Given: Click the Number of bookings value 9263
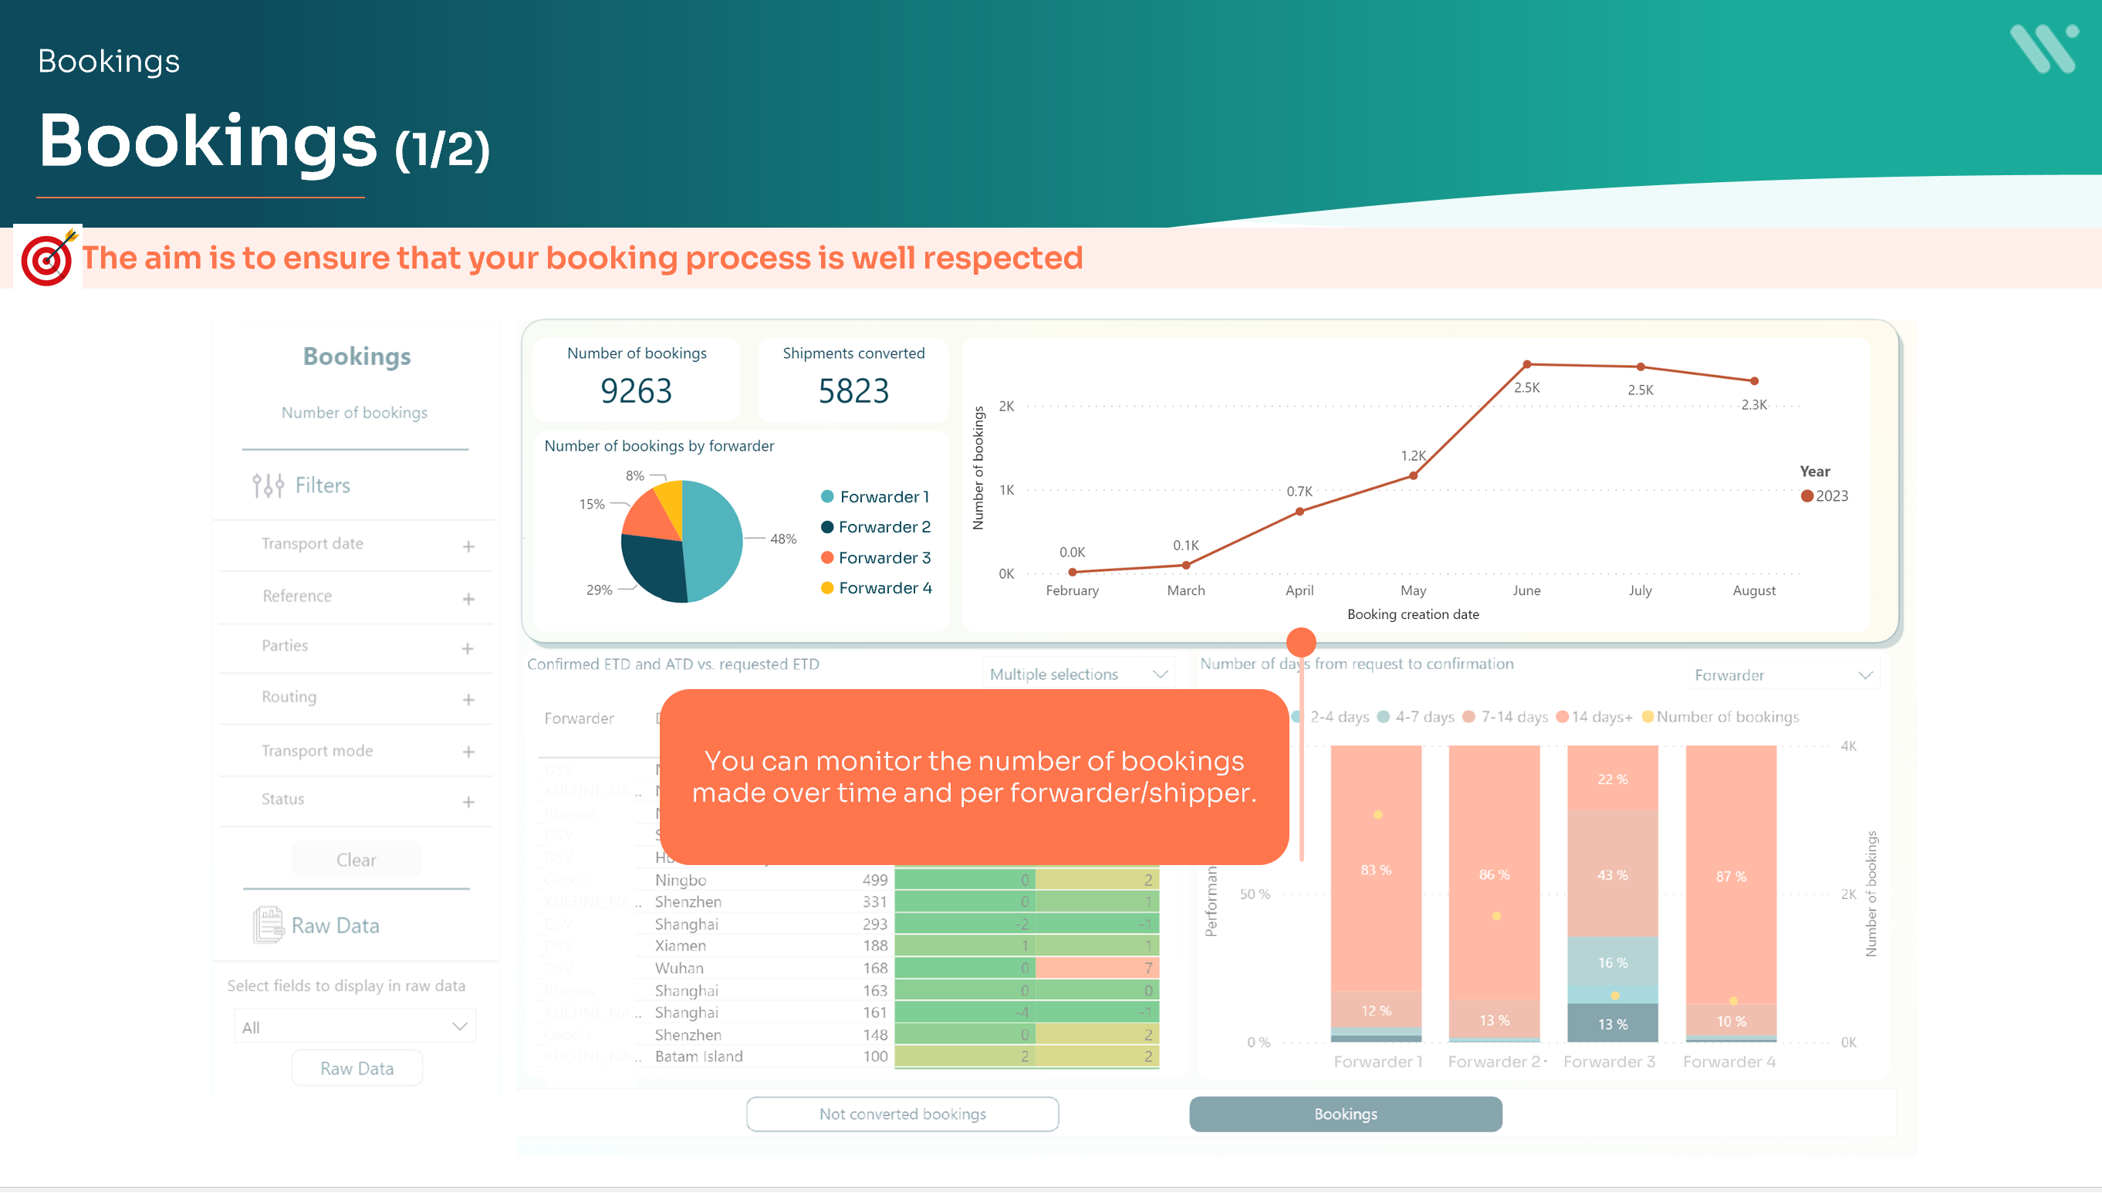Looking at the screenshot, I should pyautogui.click(x=636, y=390).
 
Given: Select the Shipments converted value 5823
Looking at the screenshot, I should pyautogui.click(x=853, y=390).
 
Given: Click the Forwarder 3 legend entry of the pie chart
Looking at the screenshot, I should pyautogui.click(x=876, y=558).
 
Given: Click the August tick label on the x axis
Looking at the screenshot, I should pyautogui.click(x=1754, y=591).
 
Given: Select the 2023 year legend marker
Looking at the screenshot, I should pyautogui.click(x=1807, y=496).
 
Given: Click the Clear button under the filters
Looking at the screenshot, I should pyautogui.click(x=357, y=860).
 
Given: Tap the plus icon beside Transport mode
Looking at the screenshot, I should pyautogui.click(x=468, y=752).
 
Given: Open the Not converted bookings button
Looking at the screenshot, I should pyautogui.click(x=902, y=1114).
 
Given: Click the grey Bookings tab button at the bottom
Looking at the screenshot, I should pyautogui.click(x=1345, y=1114).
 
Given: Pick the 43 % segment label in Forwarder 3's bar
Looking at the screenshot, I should pyautogui.click(x=1612, y=875).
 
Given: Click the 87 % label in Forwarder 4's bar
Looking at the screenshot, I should pyautogui.click(x=1731, y=877).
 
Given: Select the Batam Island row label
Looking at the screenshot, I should pyautogui.click(x=699, y=1057).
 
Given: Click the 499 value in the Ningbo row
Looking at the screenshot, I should pyautogui.click(x=874, y=880).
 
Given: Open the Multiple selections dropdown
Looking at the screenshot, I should pyautogui.click(x=1078, y=674).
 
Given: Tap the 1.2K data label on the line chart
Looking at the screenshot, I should pyautogui.click(x=1413, y=455).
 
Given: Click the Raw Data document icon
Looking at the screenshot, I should pyautogui.click(x=268, y=925).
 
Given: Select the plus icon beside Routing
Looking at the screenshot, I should pyautogui.click(x=468, y=700).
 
